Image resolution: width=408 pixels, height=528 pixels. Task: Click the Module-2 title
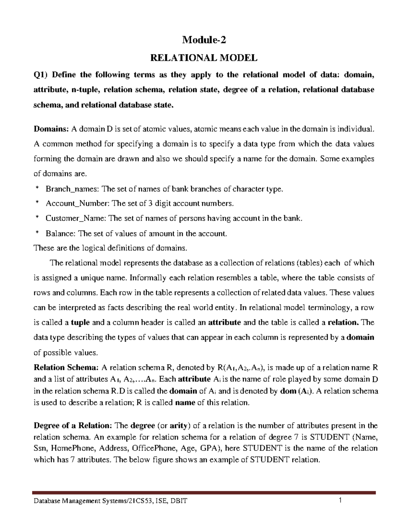click(x=204, y=40)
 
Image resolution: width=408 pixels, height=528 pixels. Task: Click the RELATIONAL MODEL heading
click(x=204, y=58)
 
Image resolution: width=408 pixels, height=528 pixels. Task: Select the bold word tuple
click(x=80, y=322)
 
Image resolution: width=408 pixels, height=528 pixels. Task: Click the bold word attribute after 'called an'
click(x=224, y=322)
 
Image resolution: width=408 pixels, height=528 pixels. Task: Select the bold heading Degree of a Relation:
click(x=73, y=426)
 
